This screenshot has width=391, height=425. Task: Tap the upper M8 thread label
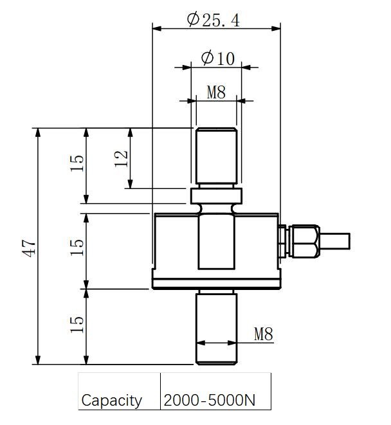click(216, 92)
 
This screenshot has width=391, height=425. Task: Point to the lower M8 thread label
click(263, 334)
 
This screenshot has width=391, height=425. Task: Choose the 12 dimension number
click(122, 158)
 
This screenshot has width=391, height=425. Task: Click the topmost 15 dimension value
click(77, 164)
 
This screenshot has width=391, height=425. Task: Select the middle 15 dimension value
click(77, 247)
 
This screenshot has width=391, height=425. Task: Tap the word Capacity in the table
click(111, 401)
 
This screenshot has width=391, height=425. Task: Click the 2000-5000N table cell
click(210, 400)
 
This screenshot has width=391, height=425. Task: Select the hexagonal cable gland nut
click(304, 241)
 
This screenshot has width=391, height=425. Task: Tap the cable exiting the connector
click(334, 241)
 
